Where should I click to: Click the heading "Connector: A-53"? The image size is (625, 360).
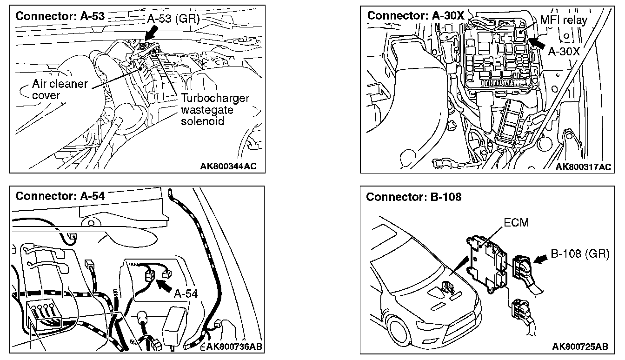[60, 15]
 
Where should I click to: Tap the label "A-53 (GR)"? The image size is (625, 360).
[173, 19]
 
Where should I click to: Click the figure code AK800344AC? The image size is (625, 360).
[228, 166]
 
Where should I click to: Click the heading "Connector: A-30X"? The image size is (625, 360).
[415, 15]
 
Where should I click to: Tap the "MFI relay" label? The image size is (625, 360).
[564, 20]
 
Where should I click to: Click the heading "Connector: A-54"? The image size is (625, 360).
[60, 196]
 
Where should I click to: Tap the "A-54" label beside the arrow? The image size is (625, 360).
[186, 293]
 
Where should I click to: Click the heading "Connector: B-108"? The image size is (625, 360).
[413, 197]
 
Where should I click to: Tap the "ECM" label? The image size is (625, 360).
[516, 223]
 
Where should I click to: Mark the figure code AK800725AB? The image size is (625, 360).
[580, 347]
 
